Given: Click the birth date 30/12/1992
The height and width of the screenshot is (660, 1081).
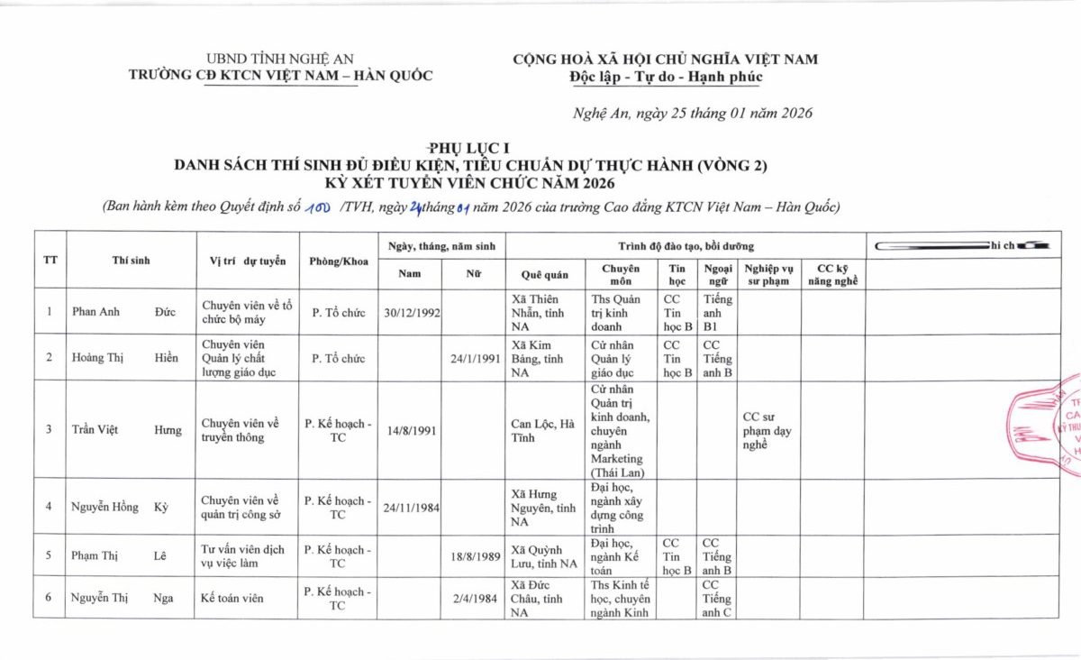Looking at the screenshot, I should click(412, 312).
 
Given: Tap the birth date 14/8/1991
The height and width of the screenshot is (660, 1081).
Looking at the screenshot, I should click(412, 430).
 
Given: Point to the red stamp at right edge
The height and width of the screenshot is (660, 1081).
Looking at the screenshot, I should click(1050, 419).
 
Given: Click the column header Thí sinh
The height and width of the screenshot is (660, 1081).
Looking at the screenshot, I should click(131, 261).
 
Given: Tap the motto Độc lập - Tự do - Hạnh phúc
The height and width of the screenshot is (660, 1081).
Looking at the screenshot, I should click(666, 77).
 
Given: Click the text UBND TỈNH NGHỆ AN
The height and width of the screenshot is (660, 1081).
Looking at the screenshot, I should click(280, 59).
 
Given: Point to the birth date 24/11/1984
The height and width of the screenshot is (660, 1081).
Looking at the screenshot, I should click(412, 507).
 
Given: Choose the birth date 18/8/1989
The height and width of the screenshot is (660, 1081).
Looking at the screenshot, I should click(476, 556).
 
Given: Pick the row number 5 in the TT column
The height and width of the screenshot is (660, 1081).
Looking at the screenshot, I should click(49, 556).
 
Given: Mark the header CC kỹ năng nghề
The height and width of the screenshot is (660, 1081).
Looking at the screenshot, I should click(832, 274).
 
